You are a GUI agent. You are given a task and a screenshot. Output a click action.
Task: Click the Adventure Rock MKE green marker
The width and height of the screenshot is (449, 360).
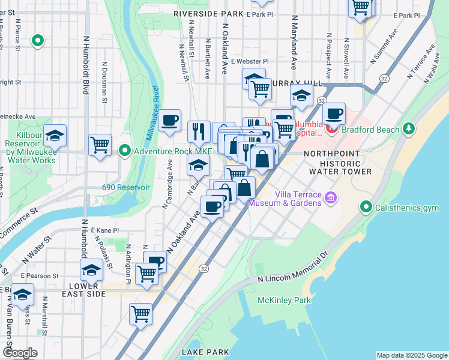[125, 150]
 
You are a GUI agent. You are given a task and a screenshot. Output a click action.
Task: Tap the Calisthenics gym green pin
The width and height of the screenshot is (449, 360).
[366, 208]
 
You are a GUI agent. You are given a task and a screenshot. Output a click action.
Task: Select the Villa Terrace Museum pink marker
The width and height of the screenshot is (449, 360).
[330, 197]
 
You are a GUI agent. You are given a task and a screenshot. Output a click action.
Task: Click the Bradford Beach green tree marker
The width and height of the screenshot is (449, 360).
[409, 128]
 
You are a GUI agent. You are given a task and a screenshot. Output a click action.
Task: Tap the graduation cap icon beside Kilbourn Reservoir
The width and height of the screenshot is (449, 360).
[55, 136]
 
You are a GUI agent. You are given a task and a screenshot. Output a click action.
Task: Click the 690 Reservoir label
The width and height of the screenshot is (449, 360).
[125, 187]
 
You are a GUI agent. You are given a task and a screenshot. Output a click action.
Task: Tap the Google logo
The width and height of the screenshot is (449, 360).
[20, 353]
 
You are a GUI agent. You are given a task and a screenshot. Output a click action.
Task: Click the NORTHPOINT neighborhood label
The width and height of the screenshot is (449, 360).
[331, 154]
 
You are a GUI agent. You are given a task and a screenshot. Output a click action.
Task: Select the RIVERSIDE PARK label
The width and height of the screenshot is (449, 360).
[208, 13]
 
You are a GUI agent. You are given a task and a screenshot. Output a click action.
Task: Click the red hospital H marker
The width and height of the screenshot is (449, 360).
[329, 128]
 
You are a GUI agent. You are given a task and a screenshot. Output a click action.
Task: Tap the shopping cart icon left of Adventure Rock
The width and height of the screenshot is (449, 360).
[100, 144]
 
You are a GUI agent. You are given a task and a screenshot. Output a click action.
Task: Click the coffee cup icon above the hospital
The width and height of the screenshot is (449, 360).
[334, 113]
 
